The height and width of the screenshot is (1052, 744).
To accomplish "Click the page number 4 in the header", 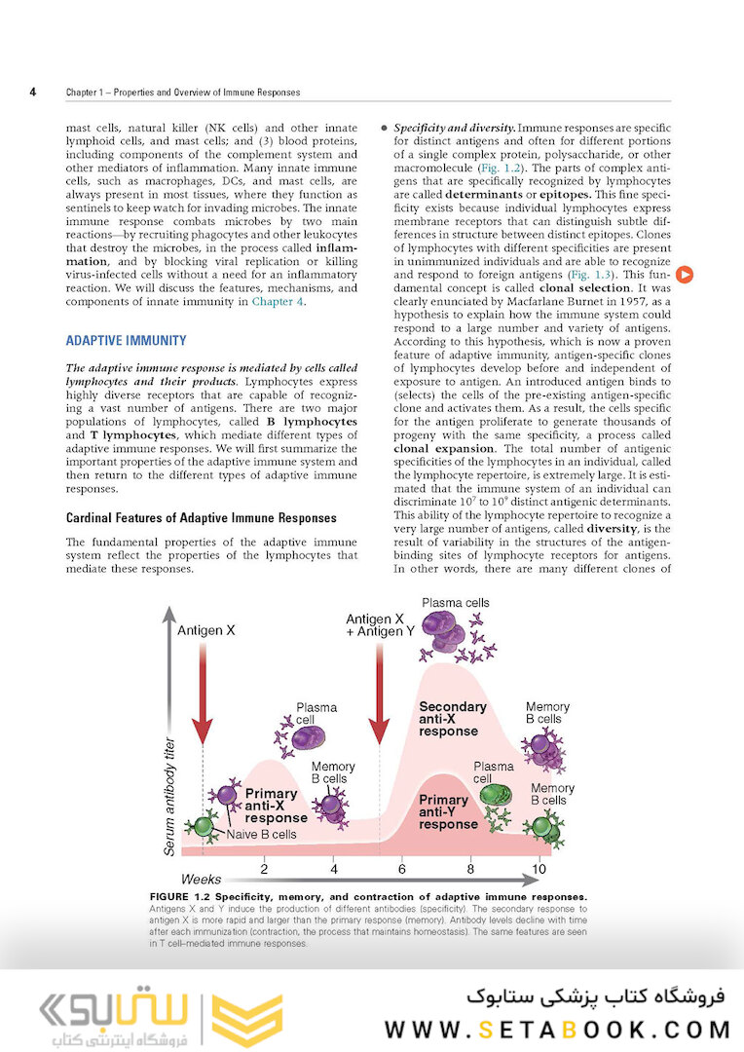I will tap(32, 93).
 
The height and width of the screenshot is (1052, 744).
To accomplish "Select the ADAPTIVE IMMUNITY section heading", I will tap(126, 341).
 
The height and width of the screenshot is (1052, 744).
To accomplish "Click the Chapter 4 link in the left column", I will tap(278, 302).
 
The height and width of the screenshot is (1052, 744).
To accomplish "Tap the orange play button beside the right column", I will tap(685, 275).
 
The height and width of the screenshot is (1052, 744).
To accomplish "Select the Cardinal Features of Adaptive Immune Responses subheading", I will tap(201, 518).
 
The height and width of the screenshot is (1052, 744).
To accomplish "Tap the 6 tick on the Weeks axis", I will tap(401, 867).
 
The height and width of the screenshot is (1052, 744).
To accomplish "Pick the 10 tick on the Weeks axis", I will tap(539, 867).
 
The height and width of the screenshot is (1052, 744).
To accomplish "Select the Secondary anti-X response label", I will tap(452, 719).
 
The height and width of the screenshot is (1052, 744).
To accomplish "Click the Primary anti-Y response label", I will tap(448, 811).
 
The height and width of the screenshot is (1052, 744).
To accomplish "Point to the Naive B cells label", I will tap(261, 834).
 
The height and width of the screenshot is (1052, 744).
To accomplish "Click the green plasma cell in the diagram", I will tap(497, 794).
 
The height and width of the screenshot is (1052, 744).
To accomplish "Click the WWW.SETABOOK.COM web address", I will tap(557, 1030).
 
